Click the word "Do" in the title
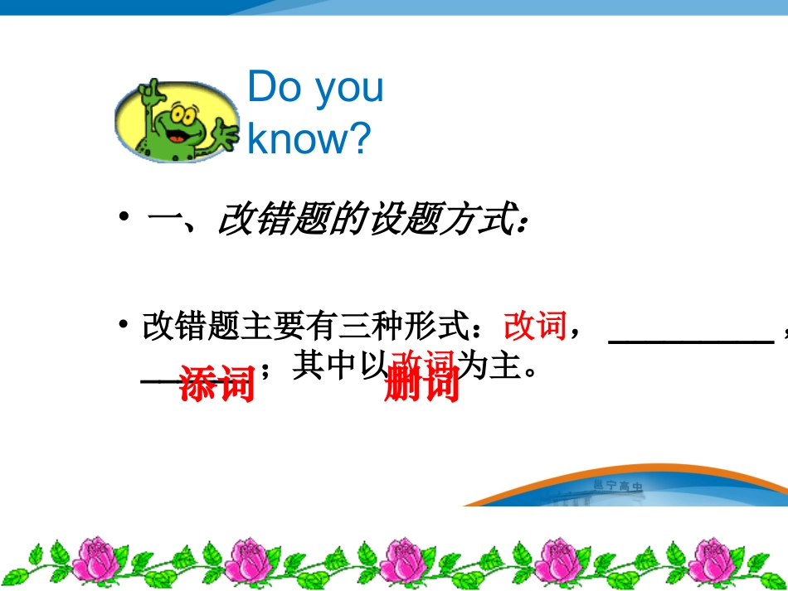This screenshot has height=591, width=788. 274,88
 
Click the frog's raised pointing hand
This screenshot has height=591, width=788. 151,90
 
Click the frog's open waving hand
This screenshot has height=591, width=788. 224,132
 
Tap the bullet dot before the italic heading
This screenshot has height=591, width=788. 124,218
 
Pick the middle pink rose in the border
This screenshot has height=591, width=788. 399,560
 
